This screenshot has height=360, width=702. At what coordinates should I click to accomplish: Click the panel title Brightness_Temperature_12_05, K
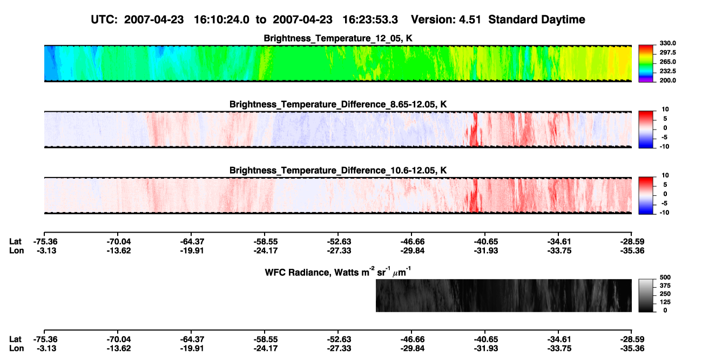(x=338, y=38)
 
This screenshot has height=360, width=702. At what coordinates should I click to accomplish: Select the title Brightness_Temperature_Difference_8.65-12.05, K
(x=338, y=104)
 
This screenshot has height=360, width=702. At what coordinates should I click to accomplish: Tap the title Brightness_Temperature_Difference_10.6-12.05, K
(x=338, y=171)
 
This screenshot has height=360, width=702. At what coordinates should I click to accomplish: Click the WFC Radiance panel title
(x=338, y=272)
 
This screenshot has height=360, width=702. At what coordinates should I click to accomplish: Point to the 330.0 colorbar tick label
(x=667, y=43)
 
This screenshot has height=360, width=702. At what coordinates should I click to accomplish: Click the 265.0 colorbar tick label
(x=667, y=62)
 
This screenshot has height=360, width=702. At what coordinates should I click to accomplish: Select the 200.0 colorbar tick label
(x=667, y=80)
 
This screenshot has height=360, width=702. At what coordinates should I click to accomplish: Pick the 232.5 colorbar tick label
(x=667, y=71)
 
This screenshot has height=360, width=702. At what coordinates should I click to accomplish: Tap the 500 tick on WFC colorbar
(x=665, y=277)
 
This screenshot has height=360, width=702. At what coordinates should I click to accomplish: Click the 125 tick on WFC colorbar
(x=665, y=302)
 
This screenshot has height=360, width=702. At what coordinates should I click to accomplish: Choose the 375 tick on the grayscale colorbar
(x=665, y=286)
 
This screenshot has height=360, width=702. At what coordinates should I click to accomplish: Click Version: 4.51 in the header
(x=446, y=19)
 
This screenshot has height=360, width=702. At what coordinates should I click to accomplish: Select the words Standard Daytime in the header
(x=537, y=19)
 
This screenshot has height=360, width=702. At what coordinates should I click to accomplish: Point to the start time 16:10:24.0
(x=221, y=19)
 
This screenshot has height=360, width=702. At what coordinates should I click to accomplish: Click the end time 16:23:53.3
(x=370, y=19)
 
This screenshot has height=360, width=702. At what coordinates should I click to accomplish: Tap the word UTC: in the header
(x=104, y=19)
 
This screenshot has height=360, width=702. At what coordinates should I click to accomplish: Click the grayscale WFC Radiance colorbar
(x=646, y=295)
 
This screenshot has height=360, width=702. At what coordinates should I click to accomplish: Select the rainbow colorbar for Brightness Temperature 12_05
(x=646, y=64)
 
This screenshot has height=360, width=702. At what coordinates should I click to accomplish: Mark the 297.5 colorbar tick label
(x=667, y=52)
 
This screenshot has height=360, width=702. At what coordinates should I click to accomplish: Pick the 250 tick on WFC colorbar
(x=665, y=294)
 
